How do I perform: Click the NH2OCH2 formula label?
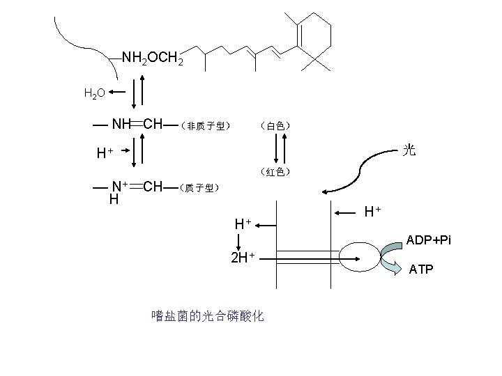pos(152,58)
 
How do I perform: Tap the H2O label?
pos(95,93)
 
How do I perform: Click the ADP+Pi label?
pos(429,240)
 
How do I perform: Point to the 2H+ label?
pos(243,258)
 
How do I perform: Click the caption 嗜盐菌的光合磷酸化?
pos(207,316)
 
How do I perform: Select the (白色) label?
pos(275,126)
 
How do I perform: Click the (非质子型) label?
pos(204,126)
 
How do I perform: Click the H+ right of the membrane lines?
pos(372,210)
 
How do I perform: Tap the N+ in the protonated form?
pos(120,186)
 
